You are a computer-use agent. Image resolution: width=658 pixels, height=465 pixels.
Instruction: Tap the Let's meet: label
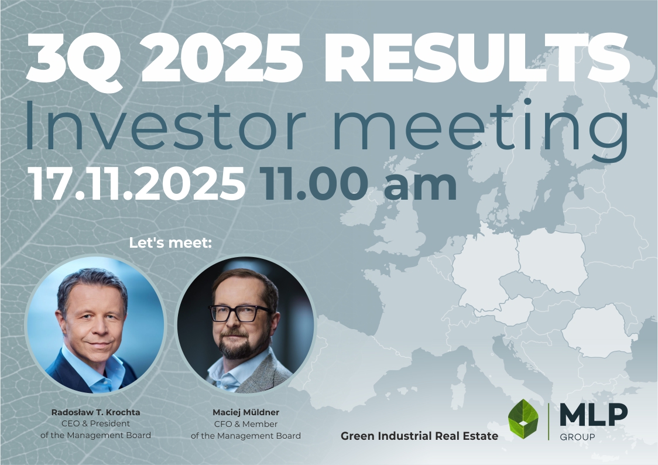[x=170, y=242]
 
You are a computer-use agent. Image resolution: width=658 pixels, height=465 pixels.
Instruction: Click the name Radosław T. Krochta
[x=96, y=413]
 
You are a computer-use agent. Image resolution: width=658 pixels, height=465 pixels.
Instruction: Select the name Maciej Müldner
[x=245, y=413]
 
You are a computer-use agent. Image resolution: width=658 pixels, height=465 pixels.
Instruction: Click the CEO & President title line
[x=96, y=424]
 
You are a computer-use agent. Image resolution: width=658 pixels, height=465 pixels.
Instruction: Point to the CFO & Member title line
[x=245, y=424]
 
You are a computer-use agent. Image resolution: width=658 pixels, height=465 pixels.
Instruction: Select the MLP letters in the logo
[x=593, y=415]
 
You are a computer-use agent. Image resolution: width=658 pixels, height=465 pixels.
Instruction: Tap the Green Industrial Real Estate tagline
[x=419, y=436]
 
